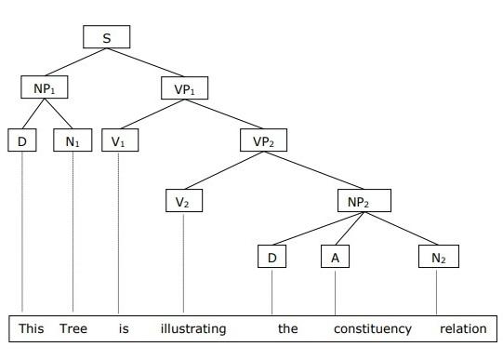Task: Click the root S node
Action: click(106, 36)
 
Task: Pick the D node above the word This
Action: click(21, 142)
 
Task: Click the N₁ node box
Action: click(73, 142)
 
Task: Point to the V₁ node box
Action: click(119, 142)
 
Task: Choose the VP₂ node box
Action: click(264, 142)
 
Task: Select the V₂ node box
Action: click(183, 200)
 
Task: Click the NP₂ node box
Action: click(364, 200)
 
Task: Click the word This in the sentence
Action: click(31, 328)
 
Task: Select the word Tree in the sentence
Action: click(73, 328)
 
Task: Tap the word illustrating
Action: click(192, 328)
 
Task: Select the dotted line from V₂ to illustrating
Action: click(183, 265)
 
